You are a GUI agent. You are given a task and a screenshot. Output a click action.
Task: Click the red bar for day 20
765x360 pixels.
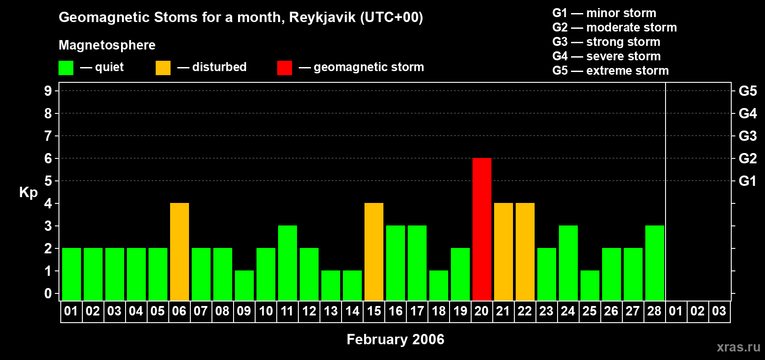coord(482,229)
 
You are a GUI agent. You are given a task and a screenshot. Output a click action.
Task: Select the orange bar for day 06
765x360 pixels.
coord(180,252)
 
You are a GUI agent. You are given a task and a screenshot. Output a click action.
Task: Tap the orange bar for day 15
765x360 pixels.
coord(374,252)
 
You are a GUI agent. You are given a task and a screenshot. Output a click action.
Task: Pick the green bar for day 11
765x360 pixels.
coord(288,263)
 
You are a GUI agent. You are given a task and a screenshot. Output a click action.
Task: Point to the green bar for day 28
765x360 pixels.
coord(655,263)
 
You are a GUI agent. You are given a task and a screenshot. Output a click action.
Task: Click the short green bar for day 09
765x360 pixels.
coord(244,286)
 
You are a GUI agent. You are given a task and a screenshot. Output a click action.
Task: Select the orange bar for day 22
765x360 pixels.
coord(525,252)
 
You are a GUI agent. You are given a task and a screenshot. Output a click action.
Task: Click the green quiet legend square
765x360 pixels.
coord(66,67)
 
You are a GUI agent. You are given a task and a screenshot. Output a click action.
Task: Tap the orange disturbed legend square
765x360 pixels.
coord(163,67)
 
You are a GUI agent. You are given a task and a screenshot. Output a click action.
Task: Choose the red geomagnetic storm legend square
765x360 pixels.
coord(284,67)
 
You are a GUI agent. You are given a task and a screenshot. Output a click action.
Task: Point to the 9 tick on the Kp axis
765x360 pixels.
coord(48,91)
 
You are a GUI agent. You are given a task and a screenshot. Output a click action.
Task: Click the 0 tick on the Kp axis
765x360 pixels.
coord(48,293)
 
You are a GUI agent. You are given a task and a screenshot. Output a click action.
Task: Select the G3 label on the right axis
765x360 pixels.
coord(747,136)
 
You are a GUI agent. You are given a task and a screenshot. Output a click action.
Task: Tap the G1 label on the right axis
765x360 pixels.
coord(747,181)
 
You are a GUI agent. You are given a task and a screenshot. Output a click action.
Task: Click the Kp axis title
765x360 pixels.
coord(28,193)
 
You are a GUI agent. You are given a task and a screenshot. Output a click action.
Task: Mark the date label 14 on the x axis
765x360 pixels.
coord(352,311)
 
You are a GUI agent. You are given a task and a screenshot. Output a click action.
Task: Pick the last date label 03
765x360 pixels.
coord(719,311)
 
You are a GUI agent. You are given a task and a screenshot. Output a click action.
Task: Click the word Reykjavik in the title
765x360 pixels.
coord(322,18)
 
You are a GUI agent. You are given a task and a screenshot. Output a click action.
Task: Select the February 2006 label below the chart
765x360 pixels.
coord(396,339)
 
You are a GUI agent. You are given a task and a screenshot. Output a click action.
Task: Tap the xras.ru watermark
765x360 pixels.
coord(738,347)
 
